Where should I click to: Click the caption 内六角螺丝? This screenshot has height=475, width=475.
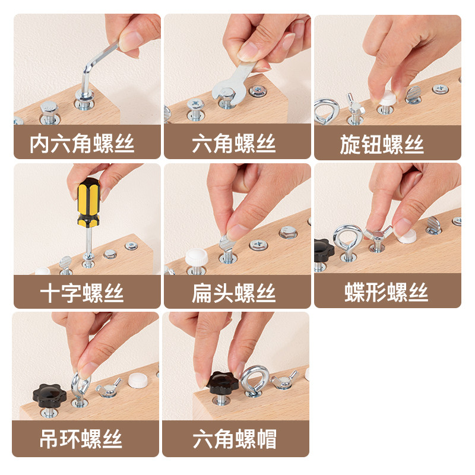click(x=83, y=144)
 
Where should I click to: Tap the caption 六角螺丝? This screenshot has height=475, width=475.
click(x=233, y=144)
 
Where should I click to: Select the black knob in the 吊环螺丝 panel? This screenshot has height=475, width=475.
click(x=47, y=394)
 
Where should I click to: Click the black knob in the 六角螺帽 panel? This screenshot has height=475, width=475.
click(x=223, y=384)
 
